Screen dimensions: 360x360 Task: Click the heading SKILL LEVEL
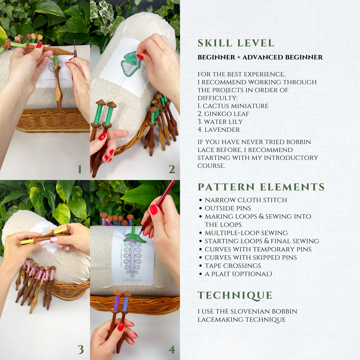(x=236, y=43)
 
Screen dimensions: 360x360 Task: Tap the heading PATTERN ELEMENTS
(x=261, y=187)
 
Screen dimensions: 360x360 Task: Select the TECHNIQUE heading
(x=235, y=296)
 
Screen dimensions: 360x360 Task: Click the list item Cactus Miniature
(x=233, y=106)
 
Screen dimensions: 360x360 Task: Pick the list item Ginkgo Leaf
(x=223, y=114)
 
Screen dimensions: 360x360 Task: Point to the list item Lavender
(x=219, y=130)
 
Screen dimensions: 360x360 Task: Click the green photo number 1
(x=80, y=169)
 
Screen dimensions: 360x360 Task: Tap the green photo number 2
(x=172, y=169)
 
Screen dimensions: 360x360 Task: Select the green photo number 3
(x=81, y=349)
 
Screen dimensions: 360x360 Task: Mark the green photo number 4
(x=172, y=349)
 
